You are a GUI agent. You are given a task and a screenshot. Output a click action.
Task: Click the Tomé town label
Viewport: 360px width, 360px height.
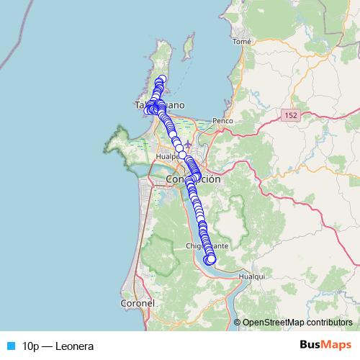[x=242, y=42]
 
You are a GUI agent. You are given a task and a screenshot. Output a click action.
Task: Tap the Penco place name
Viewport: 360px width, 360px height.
[x=222, y=121]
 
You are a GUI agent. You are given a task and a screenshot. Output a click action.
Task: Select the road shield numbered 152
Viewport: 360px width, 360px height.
[x=291, y=115]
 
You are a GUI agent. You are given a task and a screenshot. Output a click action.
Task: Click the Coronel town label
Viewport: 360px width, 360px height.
[x=138, y=304]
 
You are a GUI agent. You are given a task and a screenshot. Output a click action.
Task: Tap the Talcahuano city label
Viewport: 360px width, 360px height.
[x=159, y=105]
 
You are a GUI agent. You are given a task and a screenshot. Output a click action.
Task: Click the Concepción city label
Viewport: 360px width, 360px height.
[x=192, y=179]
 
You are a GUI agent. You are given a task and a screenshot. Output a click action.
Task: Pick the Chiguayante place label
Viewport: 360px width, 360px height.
[x=207, y=246]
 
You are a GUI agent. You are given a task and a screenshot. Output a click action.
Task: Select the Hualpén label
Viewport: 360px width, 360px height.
[x=168, y=156]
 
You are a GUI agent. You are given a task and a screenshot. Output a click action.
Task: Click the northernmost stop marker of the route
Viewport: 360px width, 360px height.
[x=163, y=79]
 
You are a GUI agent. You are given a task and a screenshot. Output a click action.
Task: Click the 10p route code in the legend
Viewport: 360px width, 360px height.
[x=31, y=346]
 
